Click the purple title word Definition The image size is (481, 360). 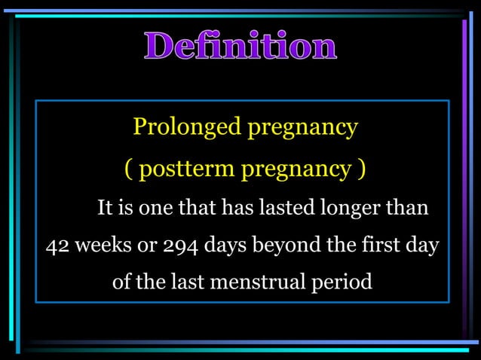(x=240, y=47)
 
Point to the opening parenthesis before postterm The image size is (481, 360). (x=129, y=170)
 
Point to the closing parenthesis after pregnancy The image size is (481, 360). (x=363, y=170)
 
